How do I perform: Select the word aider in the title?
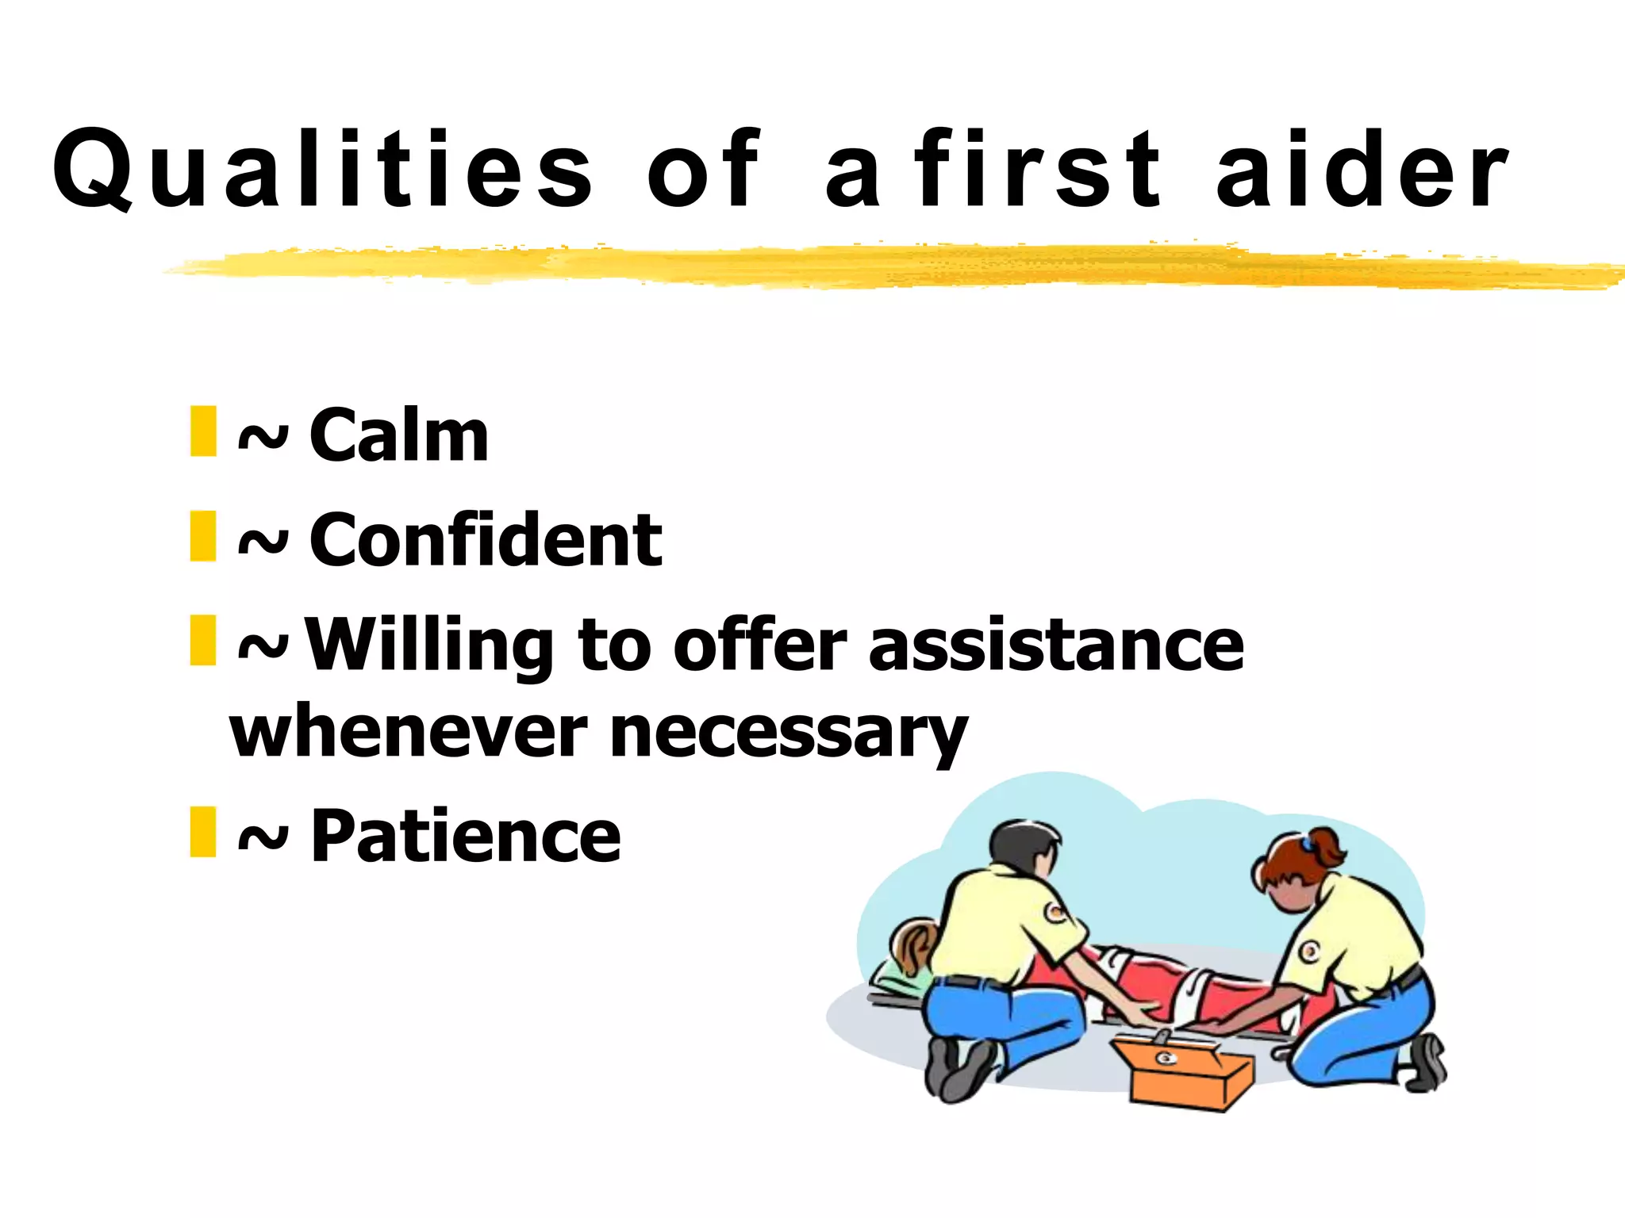(1362, 170)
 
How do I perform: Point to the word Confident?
(485, 540)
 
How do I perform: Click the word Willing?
(429, 646)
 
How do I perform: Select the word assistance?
(1055, 646)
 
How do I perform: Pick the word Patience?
(465, 836)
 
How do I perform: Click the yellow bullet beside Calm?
(203, 431)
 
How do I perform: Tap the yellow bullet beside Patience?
(203, 832)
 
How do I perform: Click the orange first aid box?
(1182, 1071)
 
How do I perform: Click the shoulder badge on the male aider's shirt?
(1055, 912)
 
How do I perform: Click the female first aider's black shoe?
(1428, 1063)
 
